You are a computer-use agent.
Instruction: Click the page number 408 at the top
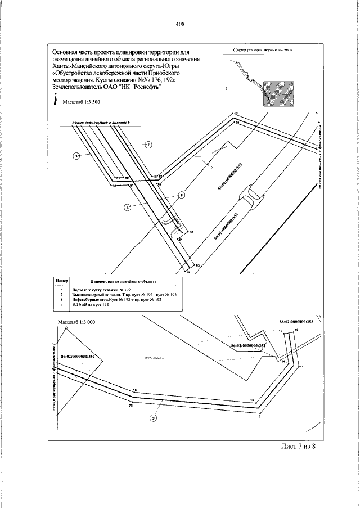click(180, 24)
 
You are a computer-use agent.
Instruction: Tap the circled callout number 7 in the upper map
click(148, 145)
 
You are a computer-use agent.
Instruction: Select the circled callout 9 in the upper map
click(77, 155)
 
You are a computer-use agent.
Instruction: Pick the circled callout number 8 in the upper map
click(181, 195)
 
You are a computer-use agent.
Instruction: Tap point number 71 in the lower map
click(261, 417)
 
